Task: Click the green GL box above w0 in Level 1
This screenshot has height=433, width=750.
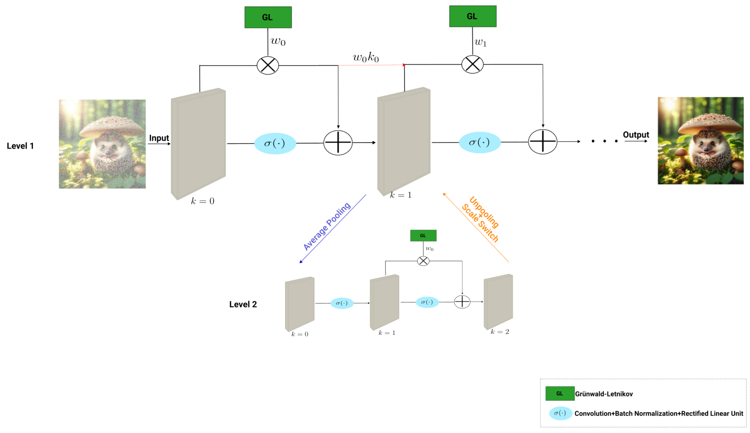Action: [268, 17]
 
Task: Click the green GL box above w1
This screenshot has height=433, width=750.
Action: [473, 16]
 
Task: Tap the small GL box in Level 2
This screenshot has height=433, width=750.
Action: [423, 236]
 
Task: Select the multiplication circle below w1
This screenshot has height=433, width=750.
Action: [472, 64]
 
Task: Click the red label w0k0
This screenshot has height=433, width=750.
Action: [365, 57]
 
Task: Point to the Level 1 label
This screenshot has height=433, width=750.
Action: [20, 146]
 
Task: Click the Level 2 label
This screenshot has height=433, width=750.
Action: [243, 304]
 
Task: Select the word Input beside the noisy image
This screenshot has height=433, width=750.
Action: [159, 138]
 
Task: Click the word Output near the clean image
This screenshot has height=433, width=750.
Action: [636, 135]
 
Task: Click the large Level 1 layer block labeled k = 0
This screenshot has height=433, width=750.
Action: [198, 144]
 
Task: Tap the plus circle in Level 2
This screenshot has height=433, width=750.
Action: [462, 302]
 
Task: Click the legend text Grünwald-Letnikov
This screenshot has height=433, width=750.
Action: [604, 394]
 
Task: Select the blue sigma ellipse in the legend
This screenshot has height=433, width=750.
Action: [560, 413]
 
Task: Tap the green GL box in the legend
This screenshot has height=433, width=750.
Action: [560, 394]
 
